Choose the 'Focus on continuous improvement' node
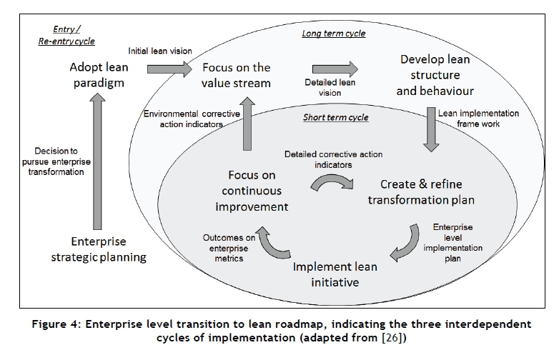tap(247, 191)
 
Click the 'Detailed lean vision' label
tap(329, 89)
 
